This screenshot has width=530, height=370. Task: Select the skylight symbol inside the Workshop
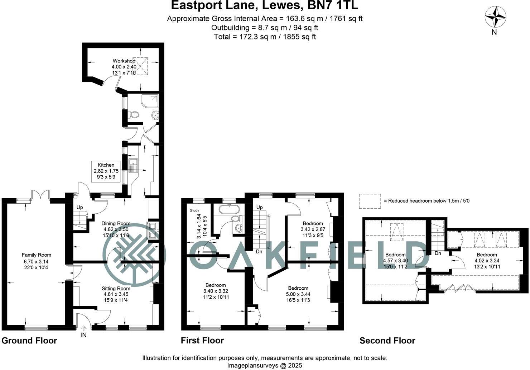click(x=140, y=66)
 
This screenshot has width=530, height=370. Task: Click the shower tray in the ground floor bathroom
click(x=150, y=101)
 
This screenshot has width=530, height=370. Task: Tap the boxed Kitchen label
click(x=106, y=171)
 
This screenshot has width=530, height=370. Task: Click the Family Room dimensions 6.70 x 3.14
click(x=34, y=261)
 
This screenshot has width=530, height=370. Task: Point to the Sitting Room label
click(x=116, y=288)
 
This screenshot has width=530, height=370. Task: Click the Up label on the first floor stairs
click(x=259, y=207)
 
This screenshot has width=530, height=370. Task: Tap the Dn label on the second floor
click(x=438, y=253)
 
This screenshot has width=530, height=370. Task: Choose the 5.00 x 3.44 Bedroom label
click(x=298, y=294)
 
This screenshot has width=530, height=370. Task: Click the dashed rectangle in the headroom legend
click(x=370, y=201)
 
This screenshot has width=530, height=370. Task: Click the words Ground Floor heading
click(x=29, y=341)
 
